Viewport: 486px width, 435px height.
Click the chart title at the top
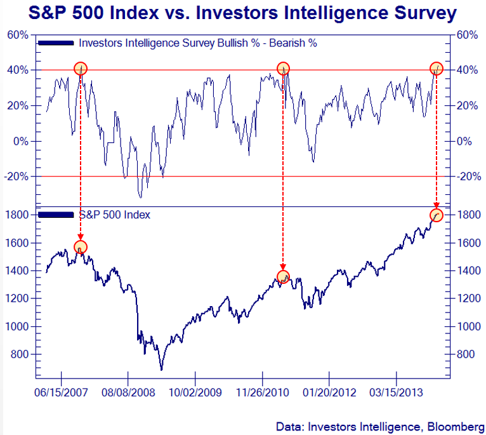(x=243, y=13)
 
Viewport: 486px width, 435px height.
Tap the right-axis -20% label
(x=468, y=177)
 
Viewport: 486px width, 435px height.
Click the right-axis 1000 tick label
(x=469, y=326)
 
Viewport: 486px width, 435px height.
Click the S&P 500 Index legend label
(x=114, y=215)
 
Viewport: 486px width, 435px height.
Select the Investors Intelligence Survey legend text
(x=197, y=43)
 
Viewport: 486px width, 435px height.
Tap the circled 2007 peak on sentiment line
(x=80, y=69)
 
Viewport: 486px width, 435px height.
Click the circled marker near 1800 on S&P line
(x=436, y=215)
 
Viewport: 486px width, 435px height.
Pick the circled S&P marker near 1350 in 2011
(x=284, y=277)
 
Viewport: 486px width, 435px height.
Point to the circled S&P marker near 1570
(x=81, y=247)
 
